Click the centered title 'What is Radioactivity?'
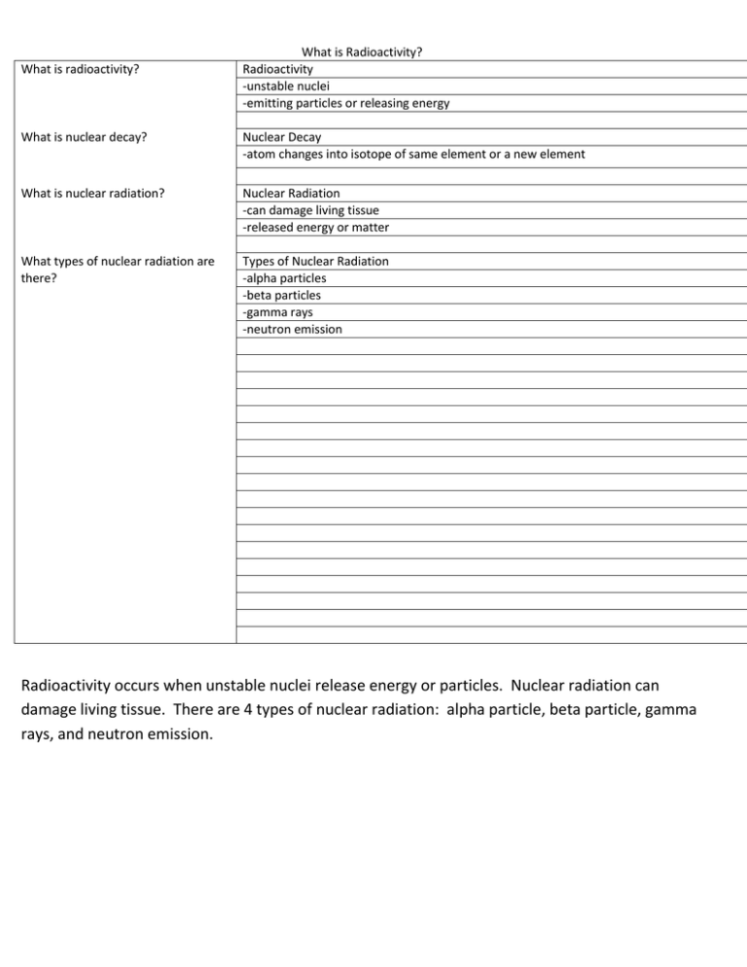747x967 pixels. tap(362, 52)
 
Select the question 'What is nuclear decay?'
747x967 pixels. tap(85, 137)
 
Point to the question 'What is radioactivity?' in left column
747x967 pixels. tap(85, 69)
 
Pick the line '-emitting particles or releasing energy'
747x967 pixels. tap(346, 103)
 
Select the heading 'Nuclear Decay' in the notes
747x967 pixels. tap(282, 137)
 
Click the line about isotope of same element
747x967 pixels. tap(413, 154)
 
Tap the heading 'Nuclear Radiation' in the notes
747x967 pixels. tap(291, 193)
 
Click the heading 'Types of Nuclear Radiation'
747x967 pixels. tap(315, 261)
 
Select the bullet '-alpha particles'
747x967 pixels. tap(284, 278)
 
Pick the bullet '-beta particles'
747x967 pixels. tap(281, 295)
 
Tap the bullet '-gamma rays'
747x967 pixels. tap(277, 312)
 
